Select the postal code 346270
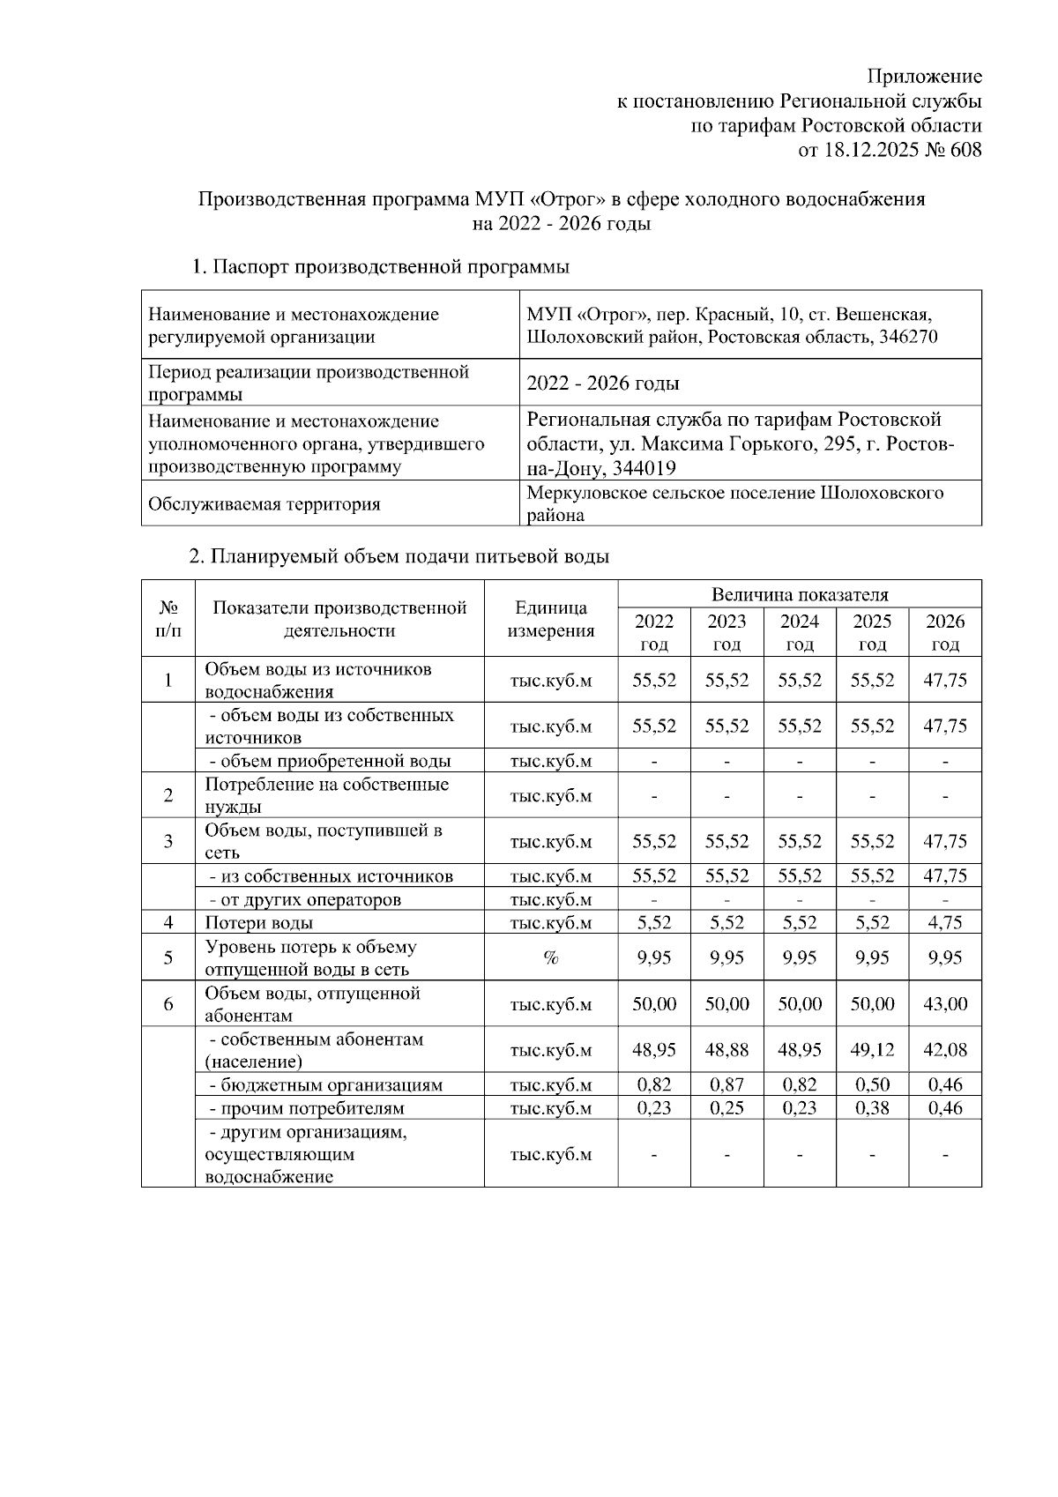pos(909,337)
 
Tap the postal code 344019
pos(645,467)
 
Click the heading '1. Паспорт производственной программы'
pos(381,266)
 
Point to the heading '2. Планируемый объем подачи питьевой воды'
pos(399,556)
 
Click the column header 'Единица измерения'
pos(551,619)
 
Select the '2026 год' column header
pos(944,632)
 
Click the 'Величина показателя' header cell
pos(799,595)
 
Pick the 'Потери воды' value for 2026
pos(944,923)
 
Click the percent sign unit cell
pos(551,958)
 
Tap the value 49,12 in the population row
pos(871,1050)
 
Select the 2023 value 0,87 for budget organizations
pos(726,1085)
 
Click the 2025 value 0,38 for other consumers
pos(871,1108)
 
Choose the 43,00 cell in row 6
pos(944,1004)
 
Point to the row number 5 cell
pos(168,958)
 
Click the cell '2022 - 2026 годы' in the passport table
pos(602,384)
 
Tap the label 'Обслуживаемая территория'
pos(264,504)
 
